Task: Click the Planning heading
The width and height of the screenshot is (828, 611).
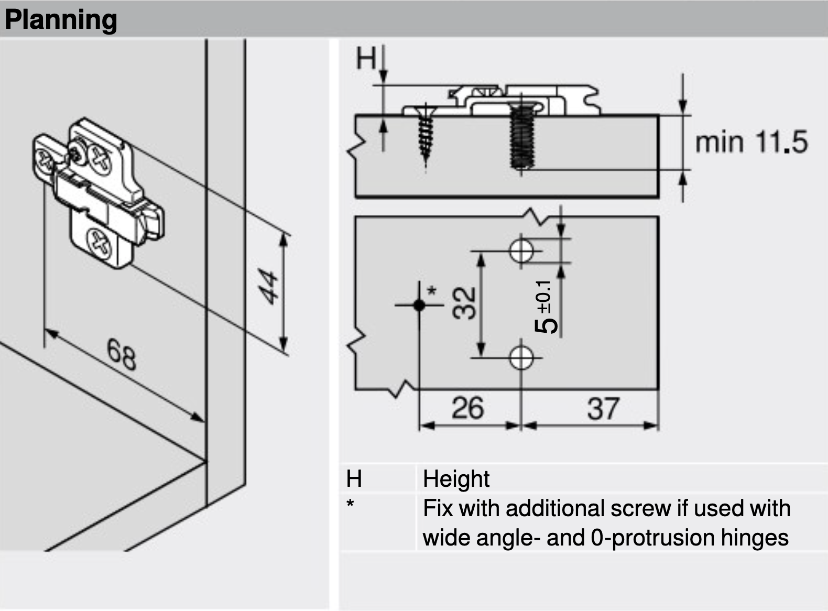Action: click(61, 20)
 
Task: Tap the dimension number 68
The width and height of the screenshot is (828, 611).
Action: click(122, 354)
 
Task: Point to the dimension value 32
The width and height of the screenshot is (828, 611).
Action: click(464, 303)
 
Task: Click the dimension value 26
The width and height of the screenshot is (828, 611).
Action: click(467, 408)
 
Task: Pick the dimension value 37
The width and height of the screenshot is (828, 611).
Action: click(603, 409)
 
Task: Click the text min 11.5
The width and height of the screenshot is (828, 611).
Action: click(751, 141)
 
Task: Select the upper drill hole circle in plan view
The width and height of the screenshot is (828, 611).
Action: click(521, 250)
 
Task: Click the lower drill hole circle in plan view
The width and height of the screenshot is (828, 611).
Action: click(521, 358)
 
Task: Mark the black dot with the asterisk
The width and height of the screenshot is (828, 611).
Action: click(419, 304)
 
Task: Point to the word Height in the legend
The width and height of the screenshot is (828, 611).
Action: click(456, 479)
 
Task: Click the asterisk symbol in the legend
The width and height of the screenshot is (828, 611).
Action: click(350, 505)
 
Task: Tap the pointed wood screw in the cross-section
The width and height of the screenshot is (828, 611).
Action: click(426, 134)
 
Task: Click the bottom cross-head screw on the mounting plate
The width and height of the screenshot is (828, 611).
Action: click(100, 244)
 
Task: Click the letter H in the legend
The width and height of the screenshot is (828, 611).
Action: click(354, 479)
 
